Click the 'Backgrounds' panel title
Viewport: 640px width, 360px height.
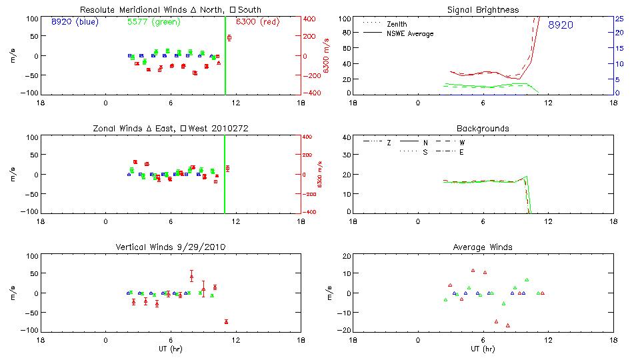click(x=483, y=128)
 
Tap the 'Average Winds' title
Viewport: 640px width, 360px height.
click(x=483, y=247)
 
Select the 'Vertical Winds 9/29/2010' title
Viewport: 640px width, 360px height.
click(x=171, y=247)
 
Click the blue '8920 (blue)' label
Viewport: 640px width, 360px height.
click(x=74, y=22)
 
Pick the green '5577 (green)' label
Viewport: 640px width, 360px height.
click(x=153, y=22)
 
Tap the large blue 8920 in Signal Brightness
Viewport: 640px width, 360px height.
click(x=561, y=25)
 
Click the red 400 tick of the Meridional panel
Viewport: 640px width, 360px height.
click(x=313, y=19)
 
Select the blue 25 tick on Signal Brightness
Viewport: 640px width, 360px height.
click(x=619, y=19)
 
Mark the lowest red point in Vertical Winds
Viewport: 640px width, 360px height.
click(x=226, y=322)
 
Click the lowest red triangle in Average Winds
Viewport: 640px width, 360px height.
click(x=508, y=325)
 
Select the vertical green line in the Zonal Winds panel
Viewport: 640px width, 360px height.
click(x=224, y=173)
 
